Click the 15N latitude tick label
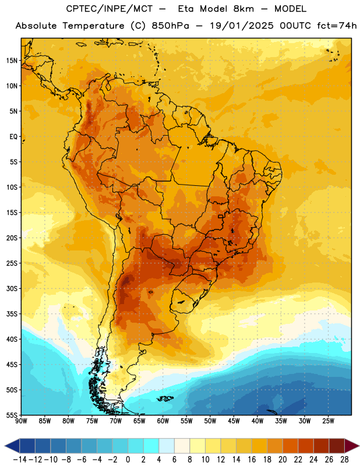tap(12, 61)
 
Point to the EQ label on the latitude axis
tap(13, 137)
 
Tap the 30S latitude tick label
tap(12, 288)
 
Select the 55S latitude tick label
tap(12, 415)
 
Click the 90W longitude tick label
tap(21, 421)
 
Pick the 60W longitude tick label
tap(163, 421)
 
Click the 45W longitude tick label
tap(234, 421)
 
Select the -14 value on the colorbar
tap(20, 460)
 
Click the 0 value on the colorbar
tap(128, 460)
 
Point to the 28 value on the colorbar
tap(344, 460)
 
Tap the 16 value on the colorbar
tap(252, 460)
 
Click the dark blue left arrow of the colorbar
tap(12, 446)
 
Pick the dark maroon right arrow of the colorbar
tap(352, 446)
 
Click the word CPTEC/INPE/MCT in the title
tap(108, 9)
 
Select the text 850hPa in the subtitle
tap(170, 26)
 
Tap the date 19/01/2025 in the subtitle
tap(241, 26)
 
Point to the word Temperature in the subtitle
tap(93, 26)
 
